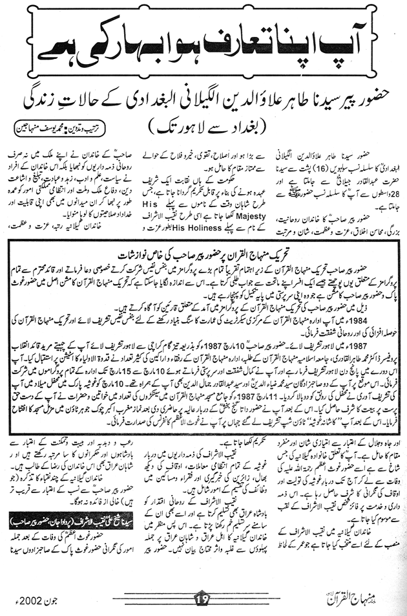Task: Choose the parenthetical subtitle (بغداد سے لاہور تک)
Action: click(x=204, y=122)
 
